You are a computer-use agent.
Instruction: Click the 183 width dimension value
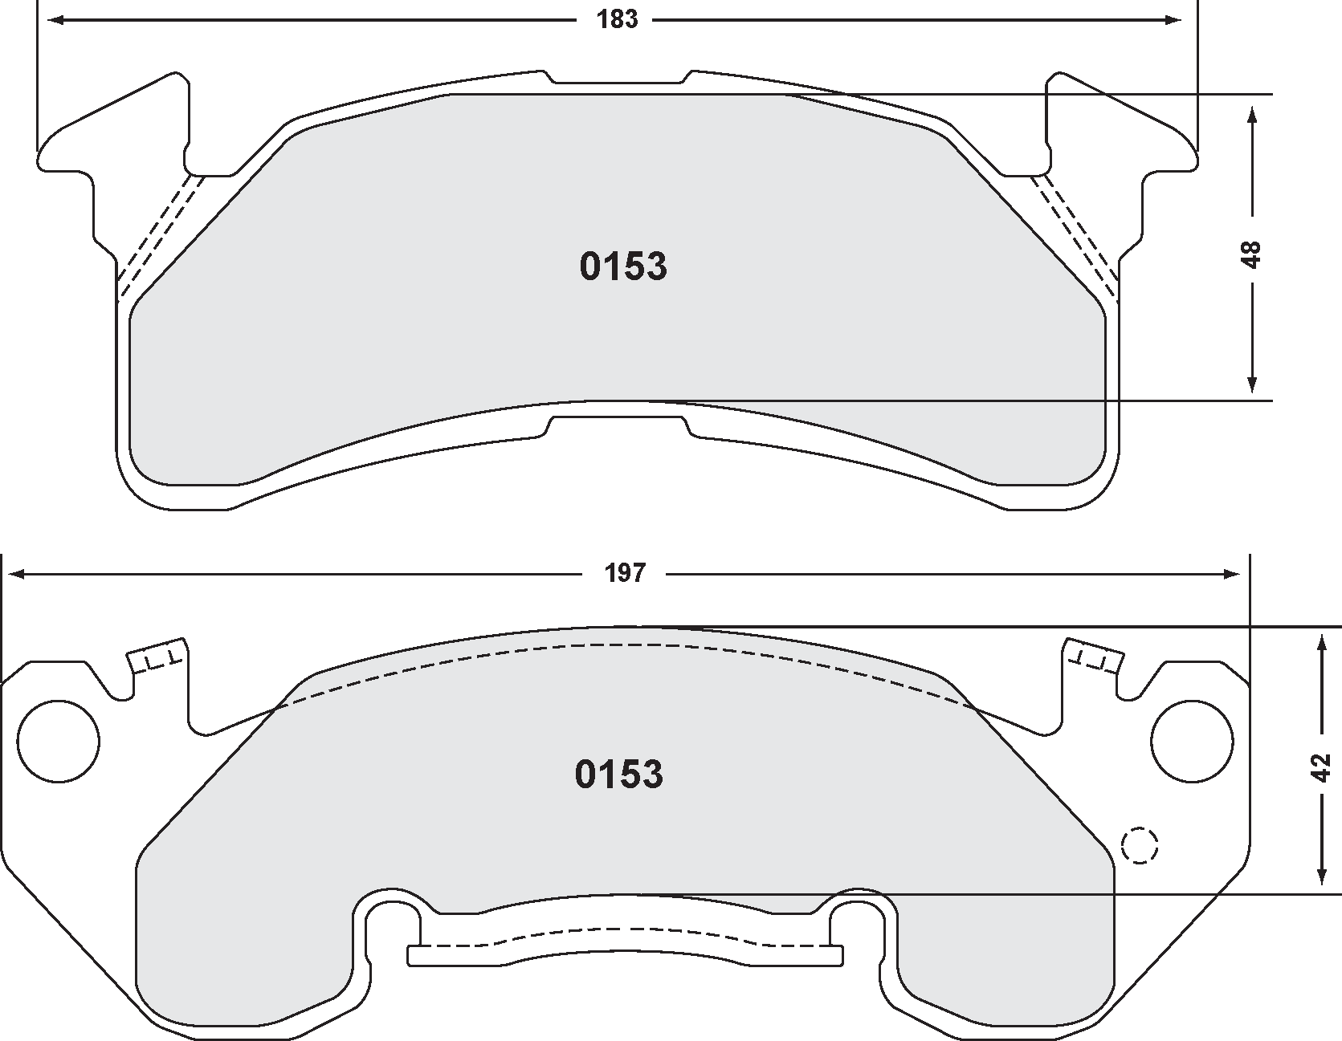pos(617,19)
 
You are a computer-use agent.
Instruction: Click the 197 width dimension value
pos(625,573)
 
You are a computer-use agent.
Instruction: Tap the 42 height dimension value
pos(1321,767)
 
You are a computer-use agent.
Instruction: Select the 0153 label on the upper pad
pos(622,267)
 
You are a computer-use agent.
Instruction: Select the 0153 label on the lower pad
pos(618,775)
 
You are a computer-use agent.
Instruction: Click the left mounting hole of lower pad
pos(59,740)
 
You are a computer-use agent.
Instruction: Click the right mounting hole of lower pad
pos(1191,740)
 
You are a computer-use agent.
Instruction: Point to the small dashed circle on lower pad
pos(1140,844)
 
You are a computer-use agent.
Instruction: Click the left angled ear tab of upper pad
pos(120,128)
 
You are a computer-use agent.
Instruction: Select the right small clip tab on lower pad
pos(1092,655)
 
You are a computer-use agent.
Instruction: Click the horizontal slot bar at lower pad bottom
pos(626,954)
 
